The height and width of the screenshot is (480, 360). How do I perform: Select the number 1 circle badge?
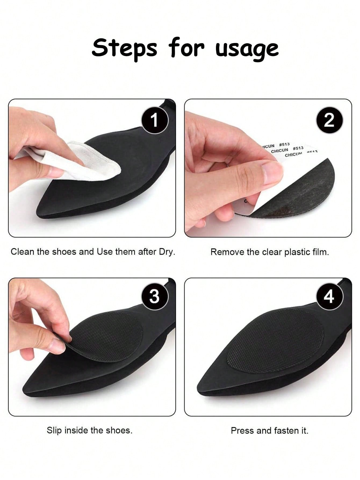click(155, 120)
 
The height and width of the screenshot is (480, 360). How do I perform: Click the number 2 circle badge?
click(329, 120)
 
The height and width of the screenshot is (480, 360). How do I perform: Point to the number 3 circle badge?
click(155, 296)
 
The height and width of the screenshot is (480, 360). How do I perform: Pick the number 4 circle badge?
click(329, 296)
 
